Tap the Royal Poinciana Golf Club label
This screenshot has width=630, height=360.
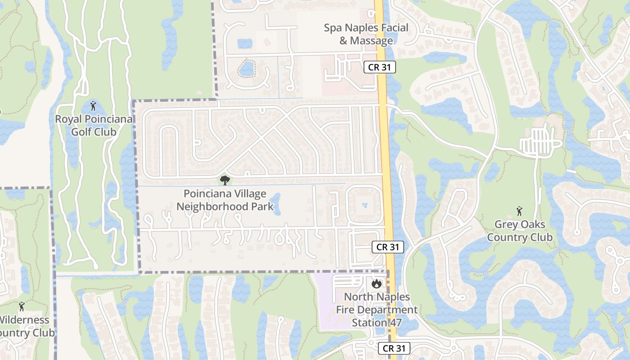click(94, 126)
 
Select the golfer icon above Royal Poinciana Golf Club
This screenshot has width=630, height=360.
click(93, 106)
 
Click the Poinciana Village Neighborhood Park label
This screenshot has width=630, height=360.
click(225, 200)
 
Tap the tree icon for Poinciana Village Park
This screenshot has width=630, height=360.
click(225, 181)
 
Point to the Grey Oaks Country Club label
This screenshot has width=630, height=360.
click(520, 231)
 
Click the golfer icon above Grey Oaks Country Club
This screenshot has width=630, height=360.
click(519, 211)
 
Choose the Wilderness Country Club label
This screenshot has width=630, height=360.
click(25, 326)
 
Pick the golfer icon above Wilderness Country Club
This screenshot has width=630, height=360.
click(21, 307)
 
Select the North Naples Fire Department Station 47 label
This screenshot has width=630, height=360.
click(377, 310)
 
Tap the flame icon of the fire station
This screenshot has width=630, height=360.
click(377, 284)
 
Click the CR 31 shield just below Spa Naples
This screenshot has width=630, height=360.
click(379, 67)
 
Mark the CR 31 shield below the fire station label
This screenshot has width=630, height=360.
click(394, 348)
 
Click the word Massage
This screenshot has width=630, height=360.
click(372, 41)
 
